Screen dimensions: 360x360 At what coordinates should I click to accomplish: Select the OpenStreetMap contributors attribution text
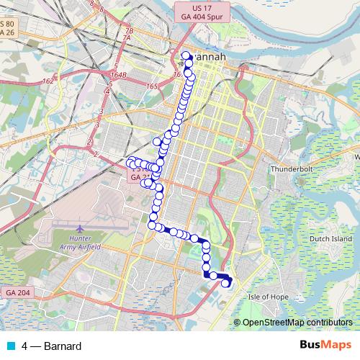point(297,323)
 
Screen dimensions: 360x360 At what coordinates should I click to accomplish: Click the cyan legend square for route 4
point(9,346)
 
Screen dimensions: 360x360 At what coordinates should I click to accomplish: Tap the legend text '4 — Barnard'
point(51,346)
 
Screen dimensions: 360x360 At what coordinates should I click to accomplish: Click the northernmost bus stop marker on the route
point(186,55)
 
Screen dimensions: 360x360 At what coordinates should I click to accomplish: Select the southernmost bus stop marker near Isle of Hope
point(226,284)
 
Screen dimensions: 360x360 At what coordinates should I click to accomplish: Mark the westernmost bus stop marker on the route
point(131,161)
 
